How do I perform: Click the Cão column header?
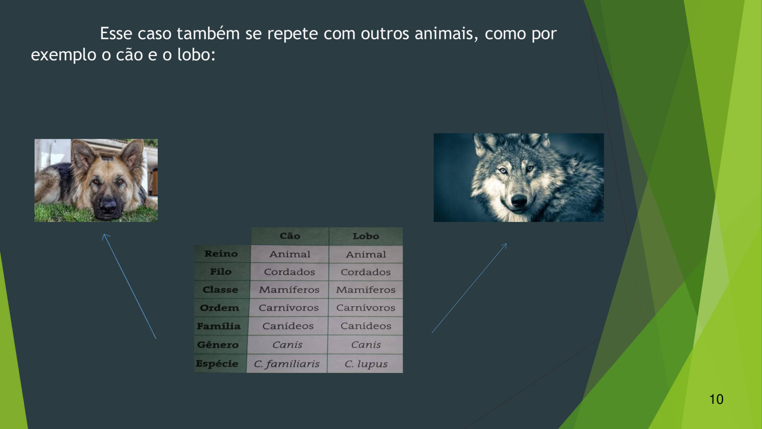(290, 236)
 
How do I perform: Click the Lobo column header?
(366, 236)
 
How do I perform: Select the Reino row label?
(221, 254)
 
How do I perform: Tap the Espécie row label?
(217, 363)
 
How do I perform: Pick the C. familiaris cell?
(287, 364)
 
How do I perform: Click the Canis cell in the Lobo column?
(366, 345)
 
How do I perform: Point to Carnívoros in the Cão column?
(288, 308)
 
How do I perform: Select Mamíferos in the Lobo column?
(366, 290)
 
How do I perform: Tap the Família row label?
(219, 326)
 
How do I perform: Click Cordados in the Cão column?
(290, 272)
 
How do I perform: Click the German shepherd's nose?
(108, 206)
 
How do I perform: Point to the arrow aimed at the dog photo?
(129, 286)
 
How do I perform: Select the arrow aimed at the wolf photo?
(469, 288)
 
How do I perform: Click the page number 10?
(716, 399)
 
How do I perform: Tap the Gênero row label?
(218, 344)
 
